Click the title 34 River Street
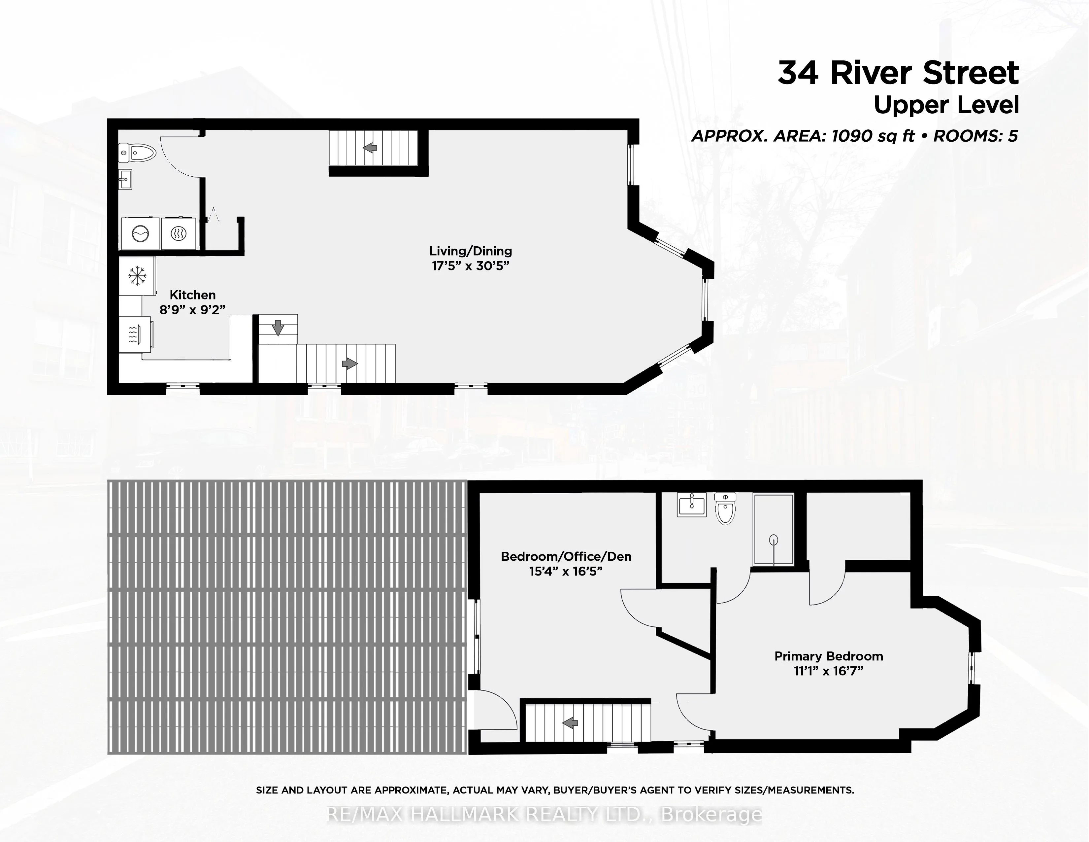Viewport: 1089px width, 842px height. tap(898, 73)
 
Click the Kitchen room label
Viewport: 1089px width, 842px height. tap(192, 295)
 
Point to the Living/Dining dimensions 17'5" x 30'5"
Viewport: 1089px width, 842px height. tap(471, 266)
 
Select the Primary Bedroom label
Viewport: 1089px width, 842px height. tap(829, 656)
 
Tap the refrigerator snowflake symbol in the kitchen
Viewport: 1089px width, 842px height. tap(137, 276)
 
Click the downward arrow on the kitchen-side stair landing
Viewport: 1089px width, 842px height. tap(278, 328)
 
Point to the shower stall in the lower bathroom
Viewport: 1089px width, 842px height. tap(774, 529)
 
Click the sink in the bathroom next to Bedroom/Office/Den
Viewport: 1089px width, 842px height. tap(692, 505)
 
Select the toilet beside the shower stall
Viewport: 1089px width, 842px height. tap(725, 508)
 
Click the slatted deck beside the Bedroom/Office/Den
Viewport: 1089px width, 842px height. tap(287, 617)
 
